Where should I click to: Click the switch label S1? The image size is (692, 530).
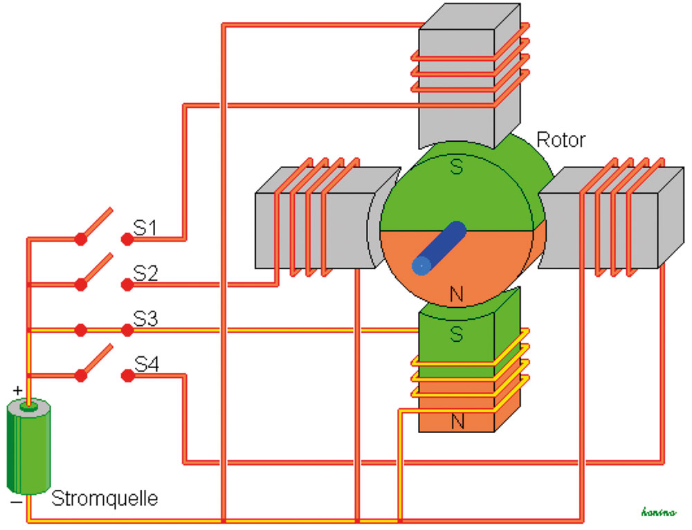pyautogui.click(x=145, y=228)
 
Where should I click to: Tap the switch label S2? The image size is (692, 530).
pyautogui.click(x=145, y=273)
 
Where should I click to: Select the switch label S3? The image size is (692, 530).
pyautogui.click(x=145, y=319)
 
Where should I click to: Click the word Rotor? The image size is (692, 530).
pyautogui.click(x=561, y=140)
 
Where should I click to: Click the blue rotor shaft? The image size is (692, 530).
pyautogui.click(x=438, y=247)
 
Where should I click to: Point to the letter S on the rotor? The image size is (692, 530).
pyautogui.click(x=456, y=168)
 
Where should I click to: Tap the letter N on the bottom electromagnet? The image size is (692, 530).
pyautogui.click(x=457, y=420)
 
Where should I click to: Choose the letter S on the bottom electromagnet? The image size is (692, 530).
pyautogui.click(x=457, y=334)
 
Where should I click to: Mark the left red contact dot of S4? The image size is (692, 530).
pyautogui.click(x=81, y=376)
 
